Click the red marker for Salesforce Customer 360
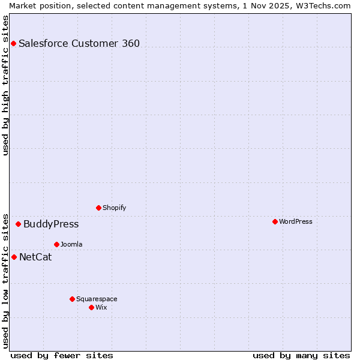click(13, 43)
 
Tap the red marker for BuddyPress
click(18, 224)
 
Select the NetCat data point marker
click(14, 257)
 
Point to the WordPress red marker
click(275, 221)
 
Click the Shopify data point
click(98, 208)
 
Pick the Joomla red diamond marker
click(56, 244)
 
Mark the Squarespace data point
click(72, 299)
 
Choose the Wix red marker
click(91, 307)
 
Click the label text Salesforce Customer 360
click(79, 43)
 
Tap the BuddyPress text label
click(51, 224)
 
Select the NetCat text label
click(35, 257)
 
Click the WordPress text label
click(296, 221)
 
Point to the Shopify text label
click(115, 208)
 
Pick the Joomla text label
click(71, 245)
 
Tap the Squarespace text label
click(97, 299)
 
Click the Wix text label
click(101, 308)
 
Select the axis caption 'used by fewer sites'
click(62, 355)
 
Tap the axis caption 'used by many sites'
click(301, 355)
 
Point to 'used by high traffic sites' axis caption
click(5, 86)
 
